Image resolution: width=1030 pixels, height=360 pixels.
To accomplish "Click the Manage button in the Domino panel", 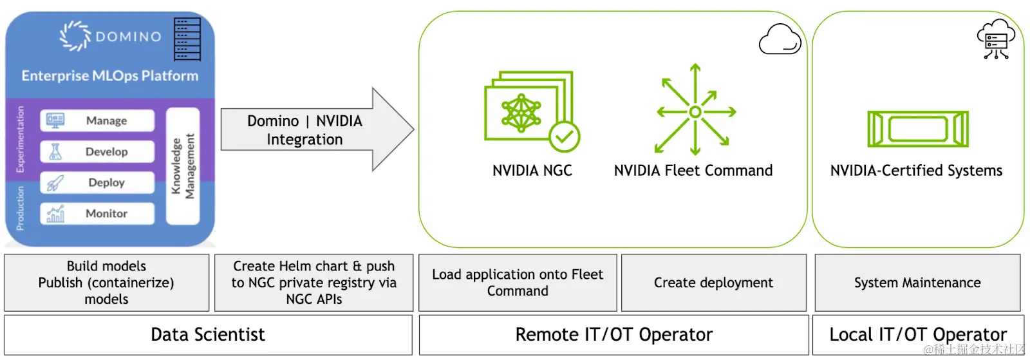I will [97, 120].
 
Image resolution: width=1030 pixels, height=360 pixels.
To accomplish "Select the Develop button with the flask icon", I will [97, 151].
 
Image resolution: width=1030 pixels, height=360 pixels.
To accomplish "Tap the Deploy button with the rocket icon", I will [97, 182].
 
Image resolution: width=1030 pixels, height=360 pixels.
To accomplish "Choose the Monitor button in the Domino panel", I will [97, 213].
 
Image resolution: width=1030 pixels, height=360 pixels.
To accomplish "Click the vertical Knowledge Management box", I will [183, 166].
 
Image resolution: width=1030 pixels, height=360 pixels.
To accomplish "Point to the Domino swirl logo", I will [75, 36].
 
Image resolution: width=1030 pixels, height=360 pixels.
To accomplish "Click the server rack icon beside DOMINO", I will [187, 39].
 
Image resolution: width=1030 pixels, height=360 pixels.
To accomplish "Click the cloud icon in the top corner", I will [780, 39].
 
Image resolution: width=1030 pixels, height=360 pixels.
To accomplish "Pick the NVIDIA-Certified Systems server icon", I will [917, 128].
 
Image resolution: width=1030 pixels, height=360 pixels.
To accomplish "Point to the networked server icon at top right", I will [995, 39].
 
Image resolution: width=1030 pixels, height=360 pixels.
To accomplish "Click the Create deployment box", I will [713, 283].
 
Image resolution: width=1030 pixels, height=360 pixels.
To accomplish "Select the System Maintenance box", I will [917, 283].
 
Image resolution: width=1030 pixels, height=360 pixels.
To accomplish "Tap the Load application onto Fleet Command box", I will [518, 283].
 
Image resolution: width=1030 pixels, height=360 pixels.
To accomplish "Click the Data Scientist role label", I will [208, 335].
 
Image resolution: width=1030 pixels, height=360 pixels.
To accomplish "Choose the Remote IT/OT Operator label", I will [613, 335].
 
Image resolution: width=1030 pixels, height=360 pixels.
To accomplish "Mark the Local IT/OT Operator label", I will [917, 335].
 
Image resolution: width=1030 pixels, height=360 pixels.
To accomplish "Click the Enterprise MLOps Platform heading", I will [110, 76].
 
